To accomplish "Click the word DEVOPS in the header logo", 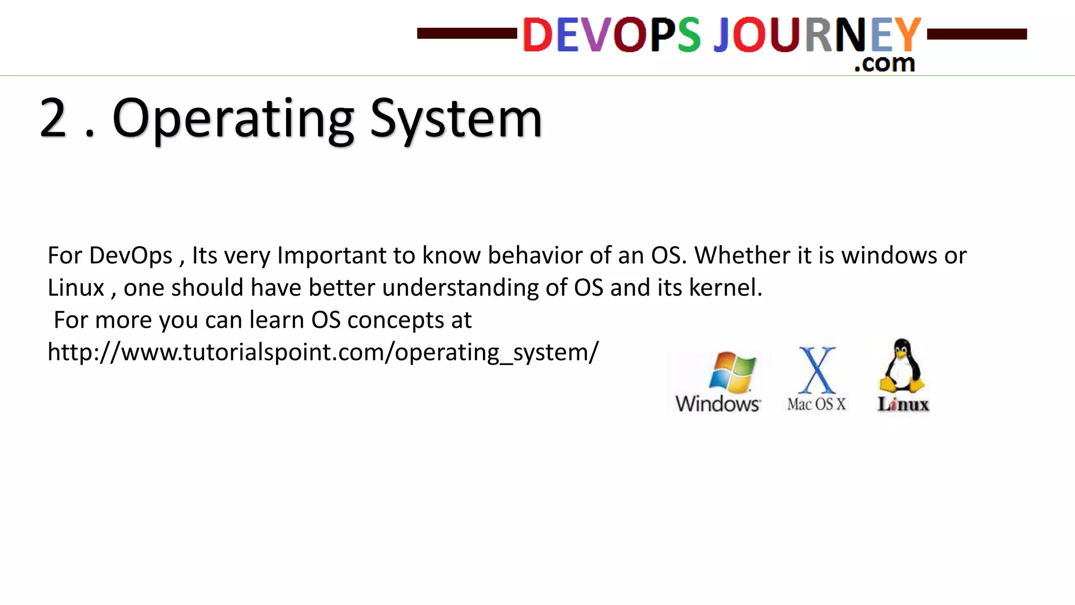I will point(611,35).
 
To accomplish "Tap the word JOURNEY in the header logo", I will point(817,35).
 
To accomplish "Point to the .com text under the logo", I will point(884,63).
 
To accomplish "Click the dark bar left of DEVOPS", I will point(467,34).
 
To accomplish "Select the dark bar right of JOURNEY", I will point(977,34).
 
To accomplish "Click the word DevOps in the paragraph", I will point(131,256).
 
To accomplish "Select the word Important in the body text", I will point(332,256).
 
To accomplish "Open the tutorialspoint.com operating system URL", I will point(323,352).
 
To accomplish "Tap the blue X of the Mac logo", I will point(817,370).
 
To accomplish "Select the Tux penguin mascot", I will point(902,366).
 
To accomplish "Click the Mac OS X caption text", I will point(817,404).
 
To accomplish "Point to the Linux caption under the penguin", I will point(903,404).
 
